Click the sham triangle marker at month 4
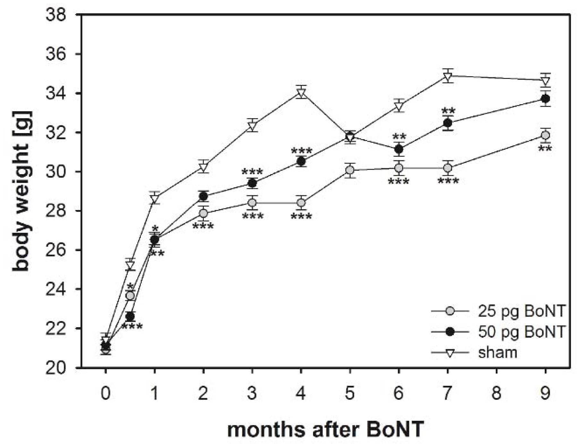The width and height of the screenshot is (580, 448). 301,93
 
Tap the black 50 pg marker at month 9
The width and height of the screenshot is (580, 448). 545,99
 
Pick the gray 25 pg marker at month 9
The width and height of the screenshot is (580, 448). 545,135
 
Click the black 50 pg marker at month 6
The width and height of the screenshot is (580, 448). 399,149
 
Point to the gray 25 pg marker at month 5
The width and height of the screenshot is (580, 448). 350,170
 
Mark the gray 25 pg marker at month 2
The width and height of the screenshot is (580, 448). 203,213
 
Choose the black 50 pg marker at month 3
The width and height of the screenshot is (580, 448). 252,183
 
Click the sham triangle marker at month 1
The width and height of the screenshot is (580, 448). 154,198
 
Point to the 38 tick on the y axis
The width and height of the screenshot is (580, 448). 56,15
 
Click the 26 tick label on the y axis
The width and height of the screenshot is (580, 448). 56,250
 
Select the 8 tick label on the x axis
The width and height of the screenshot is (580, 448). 496,393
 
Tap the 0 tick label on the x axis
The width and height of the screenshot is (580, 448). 106,393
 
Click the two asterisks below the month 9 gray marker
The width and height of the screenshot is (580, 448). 545,148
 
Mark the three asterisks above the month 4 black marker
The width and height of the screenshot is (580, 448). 301,151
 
